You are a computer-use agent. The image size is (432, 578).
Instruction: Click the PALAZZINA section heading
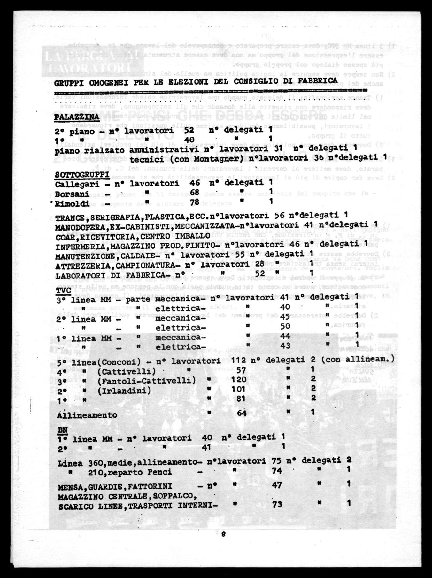(77, 117)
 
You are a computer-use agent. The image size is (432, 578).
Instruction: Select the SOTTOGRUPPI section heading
(82, 175)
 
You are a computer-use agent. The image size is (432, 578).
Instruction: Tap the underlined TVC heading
(63, 291)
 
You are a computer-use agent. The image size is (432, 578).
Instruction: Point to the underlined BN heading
(63, 430)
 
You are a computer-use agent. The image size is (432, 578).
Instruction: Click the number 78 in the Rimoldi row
(194, 202)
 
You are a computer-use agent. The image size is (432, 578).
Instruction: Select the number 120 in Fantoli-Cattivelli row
(239, 379)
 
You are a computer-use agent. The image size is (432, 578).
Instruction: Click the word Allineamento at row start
(87, 415)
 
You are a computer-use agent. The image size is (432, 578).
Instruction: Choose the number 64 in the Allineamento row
(242, 413)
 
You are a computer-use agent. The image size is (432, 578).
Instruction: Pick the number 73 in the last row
(277, 504)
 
